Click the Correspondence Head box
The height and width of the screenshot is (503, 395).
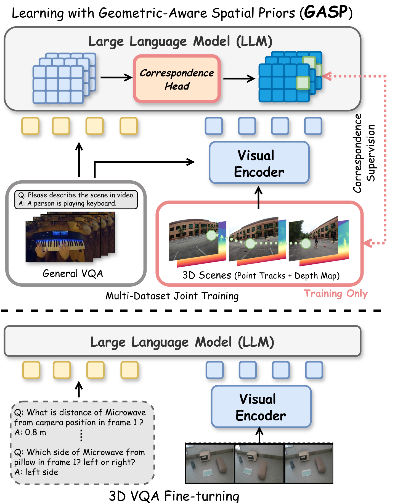[x=177, y=79]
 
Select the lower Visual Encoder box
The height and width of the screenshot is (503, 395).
[x=261, y=406]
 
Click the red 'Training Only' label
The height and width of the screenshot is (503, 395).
[x=336, y=293]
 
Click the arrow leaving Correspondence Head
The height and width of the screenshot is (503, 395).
[x=239, y=78]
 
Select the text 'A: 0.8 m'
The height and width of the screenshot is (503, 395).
[x=30, y=432]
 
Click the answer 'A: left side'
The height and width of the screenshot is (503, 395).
[x=36, y=472]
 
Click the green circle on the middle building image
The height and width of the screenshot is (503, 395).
[x=250, y=244]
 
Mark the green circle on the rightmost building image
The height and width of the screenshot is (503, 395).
[x=306, y=244]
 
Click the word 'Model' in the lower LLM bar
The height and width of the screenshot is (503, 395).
[x=213, y=342]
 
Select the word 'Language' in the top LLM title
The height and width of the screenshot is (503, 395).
[x=158, y=41]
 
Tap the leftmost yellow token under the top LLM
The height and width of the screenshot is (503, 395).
[x=30, y=126]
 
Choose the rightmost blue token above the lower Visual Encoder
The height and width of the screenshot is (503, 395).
[x=314, y=370]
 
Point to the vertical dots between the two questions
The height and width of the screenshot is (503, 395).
[x=81, y=435]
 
